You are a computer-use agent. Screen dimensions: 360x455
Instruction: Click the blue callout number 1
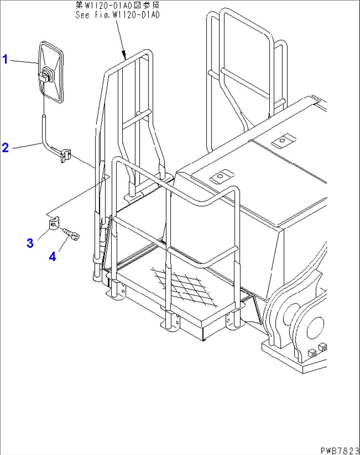coord(5,59)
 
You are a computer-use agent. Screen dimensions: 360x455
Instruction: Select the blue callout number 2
coord(5,147)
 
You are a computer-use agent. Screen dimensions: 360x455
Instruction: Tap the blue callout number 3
coord(30,243)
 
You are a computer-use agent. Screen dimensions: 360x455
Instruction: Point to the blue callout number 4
coord(53,256)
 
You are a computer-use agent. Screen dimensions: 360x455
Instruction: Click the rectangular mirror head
coord(51,72)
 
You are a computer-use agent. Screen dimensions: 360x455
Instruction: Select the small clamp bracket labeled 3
coord(54,223)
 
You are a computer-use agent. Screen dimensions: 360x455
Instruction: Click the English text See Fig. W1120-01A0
coord(118,15)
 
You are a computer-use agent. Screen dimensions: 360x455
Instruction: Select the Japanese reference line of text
coord(118,5)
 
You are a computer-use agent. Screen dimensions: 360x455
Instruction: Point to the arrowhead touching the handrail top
coord(124,56)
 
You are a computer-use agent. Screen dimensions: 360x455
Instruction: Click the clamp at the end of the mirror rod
coord(66,156)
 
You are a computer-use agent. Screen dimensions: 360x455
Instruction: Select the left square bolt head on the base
coord(312,353)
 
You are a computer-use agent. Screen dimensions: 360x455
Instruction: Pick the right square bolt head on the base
coord(323,347)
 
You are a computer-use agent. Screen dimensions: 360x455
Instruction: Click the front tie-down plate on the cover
coord(222,176)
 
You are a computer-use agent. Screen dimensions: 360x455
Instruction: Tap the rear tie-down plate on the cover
coord(283,141)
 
